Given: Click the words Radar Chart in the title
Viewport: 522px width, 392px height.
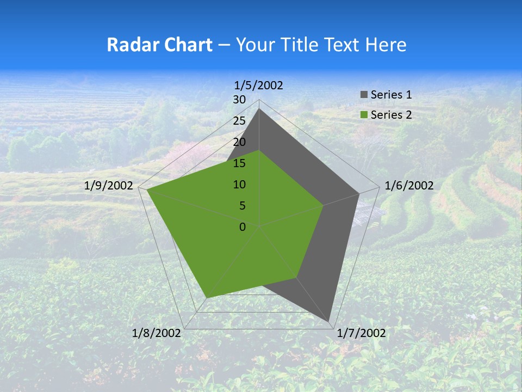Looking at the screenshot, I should (159, 45).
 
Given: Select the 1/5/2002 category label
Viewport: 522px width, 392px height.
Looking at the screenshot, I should (259, 85).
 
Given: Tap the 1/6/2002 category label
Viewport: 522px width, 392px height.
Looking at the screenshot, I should (409, 186).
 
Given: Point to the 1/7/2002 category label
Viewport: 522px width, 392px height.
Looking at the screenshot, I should (362, 333).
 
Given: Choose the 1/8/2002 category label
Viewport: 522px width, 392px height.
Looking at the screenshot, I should (157, 333).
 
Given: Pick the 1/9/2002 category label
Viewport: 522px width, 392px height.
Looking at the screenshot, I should (109, 186).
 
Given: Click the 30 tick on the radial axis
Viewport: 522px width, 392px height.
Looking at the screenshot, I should (239, 100).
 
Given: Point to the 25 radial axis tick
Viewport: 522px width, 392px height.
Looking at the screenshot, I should (239, 121).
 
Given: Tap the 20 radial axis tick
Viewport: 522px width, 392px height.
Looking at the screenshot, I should (239, 142).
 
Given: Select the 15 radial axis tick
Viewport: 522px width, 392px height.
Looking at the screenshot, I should (239, 163).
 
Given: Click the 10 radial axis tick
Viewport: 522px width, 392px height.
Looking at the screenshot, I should (239, 185).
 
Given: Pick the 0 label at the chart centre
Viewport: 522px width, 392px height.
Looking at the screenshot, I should (243, 227).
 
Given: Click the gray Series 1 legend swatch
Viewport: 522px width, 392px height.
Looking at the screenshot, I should (364, 95).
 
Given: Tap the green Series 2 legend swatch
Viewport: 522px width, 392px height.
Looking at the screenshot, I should (364, 115).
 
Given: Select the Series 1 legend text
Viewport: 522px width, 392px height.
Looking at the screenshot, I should (391, 95).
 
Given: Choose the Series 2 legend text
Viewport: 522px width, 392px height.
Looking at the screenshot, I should (391, 115).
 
